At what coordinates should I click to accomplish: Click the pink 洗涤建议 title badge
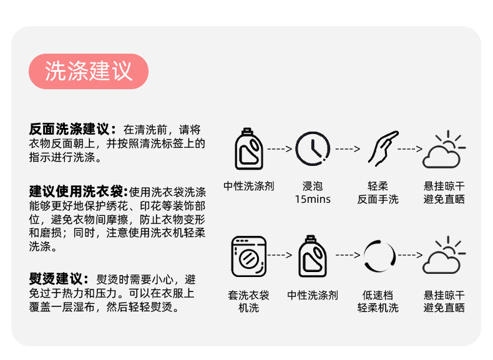click(x=89, y=71)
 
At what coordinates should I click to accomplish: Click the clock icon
click(x=313, y=149)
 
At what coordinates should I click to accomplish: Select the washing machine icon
click(x=248, y=256)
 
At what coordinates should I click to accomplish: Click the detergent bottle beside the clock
click(x=248, y=149)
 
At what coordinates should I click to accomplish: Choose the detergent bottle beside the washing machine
click(x=313, y=256)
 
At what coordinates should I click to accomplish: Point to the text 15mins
click(x=313, y=200)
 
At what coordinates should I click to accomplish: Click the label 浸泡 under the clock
click(x=313, y=186)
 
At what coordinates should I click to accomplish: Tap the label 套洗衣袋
click(x=248, y=294)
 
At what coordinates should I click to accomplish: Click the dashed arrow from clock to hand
click(x=348, y=149)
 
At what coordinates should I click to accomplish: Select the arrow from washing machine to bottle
click(x=280, y=255)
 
